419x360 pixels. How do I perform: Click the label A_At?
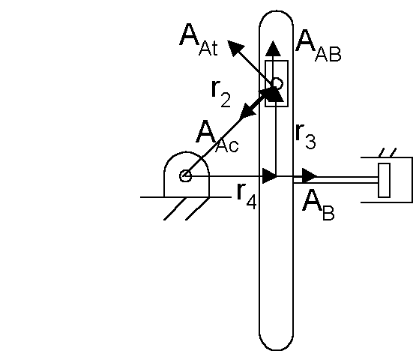coord(199,40)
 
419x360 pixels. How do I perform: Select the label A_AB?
coord(319,46)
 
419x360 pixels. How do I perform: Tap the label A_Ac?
coord(217,136)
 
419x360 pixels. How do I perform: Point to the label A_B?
coord(319,205)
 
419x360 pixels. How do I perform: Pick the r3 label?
coord(306,136)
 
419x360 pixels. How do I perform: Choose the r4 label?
coord(247,196)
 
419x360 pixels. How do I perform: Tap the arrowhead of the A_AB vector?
coord(273,48)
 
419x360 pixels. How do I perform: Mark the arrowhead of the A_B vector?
coord(310,176)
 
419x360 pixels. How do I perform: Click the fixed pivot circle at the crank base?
coord(185,176)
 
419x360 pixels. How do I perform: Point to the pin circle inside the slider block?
coord(277,84)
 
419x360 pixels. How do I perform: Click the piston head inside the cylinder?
coord(384,180)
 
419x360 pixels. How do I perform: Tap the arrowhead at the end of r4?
coord(269,176)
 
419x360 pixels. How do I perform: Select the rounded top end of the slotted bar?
coord(277,16)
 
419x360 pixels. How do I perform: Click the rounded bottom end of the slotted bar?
coord(277,342)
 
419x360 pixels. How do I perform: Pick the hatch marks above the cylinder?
coord(388,152)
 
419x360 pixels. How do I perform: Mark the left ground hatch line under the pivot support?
coord(175,208)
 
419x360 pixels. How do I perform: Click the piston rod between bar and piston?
coord(336,180)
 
